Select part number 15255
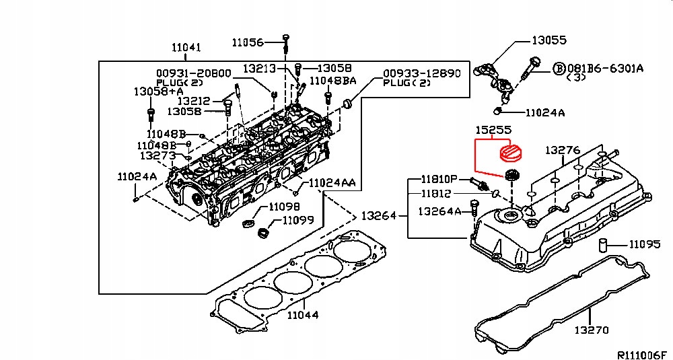[493, 130]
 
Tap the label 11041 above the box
[186, 48]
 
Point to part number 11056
[248, 42]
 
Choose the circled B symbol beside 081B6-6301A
[559, 68]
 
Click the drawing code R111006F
[641, 353]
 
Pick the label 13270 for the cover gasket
[591, 330]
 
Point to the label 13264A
[439, 211]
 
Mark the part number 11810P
[439, 180]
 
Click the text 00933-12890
[421, 73]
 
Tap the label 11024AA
[332, 183]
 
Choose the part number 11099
[297, 220]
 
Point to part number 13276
[562, 149]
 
